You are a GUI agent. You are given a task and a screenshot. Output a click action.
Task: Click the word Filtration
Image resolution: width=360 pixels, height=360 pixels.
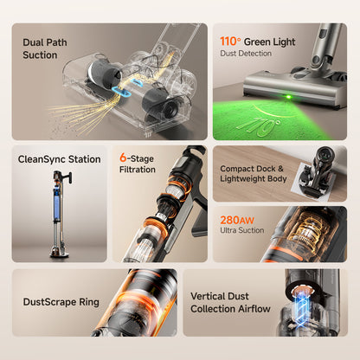[x=137, y=170]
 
